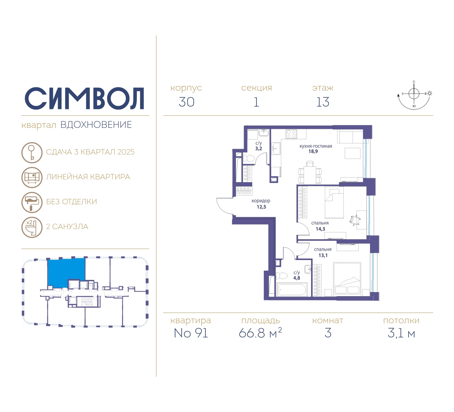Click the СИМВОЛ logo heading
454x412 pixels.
[84, 99]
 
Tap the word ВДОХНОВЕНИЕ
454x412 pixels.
[96, 125]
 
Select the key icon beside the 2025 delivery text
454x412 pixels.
[32, 152]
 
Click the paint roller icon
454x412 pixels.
[32, 202]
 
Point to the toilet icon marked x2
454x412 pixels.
[32, 227]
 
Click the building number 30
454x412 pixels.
[187, 102]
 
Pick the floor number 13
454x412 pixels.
[323, 102]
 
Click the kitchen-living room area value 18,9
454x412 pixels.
[313, 151]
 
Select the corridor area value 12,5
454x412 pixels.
[261, 207]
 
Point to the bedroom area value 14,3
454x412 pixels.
[321, 229]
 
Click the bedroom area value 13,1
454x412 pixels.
[323, 255]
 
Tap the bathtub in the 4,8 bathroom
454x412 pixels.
[292, 289]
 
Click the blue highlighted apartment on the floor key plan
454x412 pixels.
[66, 273]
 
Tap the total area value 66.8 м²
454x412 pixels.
[260, 333]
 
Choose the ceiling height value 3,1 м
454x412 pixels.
[401, 333]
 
